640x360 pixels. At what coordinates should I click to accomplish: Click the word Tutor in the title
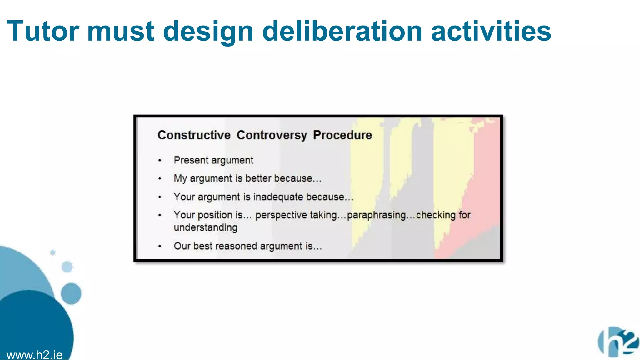(x=43, y=31)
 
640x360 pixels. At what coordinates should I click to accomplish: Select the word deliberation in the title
(x=342, y=31)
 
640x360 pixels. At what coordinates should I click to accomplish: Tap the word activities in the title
(x=491, y=31)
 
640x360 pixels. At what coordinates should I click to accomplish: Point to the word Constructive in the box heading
(x=194, y=135)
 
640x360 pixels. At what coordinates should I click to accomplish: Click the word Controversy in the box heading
(x=272, y=135)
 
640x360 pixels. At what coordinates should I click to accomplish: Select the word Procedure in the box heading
(x=342, y=135)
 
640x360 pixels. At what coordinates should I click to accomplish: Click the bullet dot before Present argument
(x=160, y=161)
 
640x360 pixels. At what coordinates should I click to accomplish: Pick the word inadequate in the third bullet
(x=278, y=197)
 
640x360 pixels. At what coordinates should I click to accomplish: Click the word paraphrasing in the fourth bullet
(x=376, y=215)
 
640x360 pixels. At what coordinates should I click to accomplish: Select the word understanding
(x=205, y=227)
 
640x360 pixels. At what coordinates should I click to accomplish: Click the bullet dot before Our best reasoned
(x=160, y=246)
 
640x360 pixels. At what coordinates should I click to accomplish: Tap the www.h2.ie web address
(x=34, y=355)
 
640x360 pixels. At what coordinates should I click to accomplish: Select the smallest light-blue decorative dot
(x=53, y=252)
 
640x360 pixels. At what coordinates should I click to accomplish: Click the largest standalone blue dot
(x=71, y=293)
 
